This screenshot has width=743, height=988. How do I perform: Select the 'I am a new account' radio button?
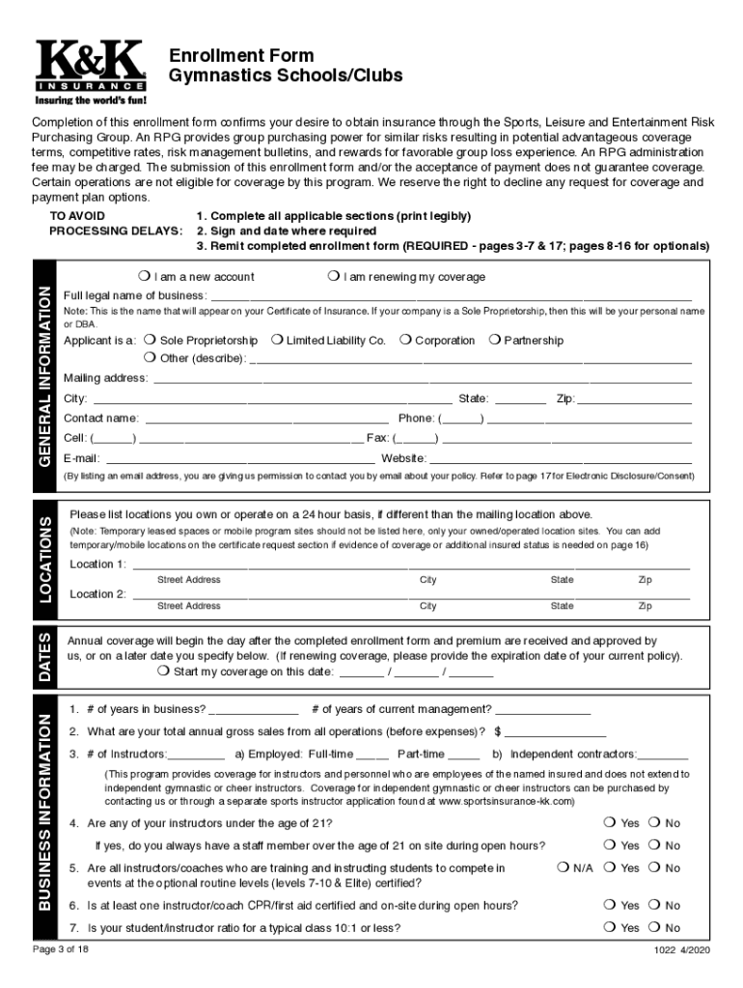[144, 277]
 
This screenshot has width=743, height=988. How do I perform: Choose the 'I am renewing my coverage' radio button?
[333, 277]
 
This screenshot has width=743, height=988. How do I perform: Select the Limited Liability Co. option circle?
[277, 341]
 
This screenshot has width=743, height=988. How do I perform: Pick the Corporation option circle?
[405, 341]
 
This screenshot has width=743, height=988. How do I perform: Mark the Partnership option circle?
[494, 341]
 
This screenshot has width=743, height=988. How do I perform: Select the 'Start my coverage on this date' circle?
[164, 672]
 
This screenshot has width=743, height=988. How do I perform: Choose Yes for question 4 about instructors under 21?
[609, 823]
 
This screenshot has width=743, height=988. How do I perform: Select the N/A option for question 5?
[564, 868]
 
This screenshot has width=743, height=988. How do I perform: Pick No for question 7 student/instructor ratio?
[653, 928]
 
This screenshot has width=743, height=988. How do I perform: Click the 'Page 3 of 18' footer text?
[59, 949]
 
